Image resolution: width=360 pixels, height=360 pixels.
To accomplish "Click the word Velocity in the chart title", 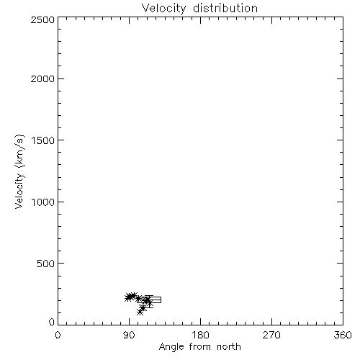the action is [x=163, y=9].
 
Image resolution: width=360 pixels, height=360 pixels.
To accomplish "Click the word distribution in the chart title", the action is [x=225, y=8].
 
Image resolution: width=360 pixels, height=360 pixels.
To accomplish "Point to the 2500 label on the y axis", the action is [x=42, y=20].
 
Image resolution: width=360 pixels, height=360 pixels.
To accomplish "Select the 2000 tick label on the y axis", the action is [x=42, y=79].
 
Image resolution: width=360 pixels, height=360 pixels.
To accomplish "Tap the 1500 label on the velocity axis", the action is [x=43, y=140].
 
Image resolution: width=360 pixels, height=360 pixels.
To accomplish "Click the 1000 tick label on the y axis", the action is [x=43, y=202].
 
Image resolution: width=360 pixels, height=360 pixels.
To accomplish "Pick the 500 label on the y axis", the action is [x=46, y=264].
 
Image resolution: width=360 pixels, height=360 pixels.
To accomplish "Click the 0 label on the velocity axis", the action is [x=52, y=322].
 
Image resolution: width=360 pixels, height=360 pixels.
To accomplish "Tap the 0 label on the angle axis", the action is [x=58, y=335].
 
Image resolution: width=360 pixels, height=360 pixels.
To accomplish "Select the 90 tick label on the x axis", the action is [x=129, y=335].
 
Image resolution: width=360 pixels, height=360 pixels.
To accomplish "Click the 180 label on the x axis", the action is [x=200, y=335].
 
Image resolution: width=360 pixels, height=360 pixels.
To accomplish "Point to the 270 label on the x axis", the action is [x=271, y=335].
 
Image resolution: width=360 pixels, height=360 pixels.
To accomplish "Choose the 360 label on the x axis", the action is [x=343, y=335].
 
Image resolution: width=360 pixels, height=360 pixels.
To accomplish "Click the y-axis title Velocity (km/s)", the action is [x=19, y=171].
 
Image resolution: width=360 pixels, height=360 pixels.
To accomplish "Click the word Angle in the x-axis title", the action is [x=171, y=347].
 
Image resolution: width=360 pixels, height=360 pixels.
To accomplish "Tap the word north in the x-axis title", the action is [x=229, y=347].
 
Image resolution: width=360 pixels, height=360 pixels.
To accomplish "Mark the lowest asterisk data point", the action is [x=140, y=312].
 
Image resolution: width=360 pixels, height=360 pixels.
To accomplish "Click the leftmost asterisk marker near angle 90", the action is [x=128, y=298].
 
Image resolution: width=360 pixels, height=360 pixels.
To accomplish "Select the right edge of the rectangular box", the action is [x=161, y=300].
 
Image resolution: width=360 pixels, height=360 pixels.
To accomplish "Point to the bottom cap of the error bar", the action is [x=149, y=307].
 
